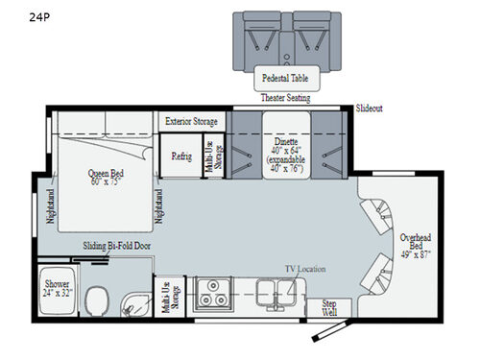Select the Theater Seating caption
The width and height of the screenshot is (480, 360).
point(285,98)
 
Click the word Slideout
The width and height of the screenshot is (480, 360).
point(369,108)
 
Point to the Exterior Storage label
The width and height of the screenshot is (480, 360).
point(192,122)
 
